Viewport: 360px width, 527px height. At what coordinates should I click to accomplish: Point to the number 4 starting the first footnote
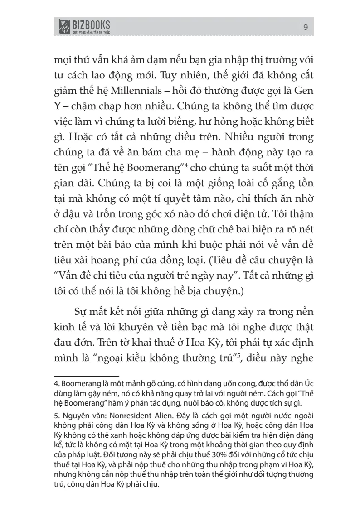[57, 382]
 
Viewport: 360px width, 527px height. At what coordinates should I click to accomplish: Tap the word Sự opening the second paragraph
[80, 314]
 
